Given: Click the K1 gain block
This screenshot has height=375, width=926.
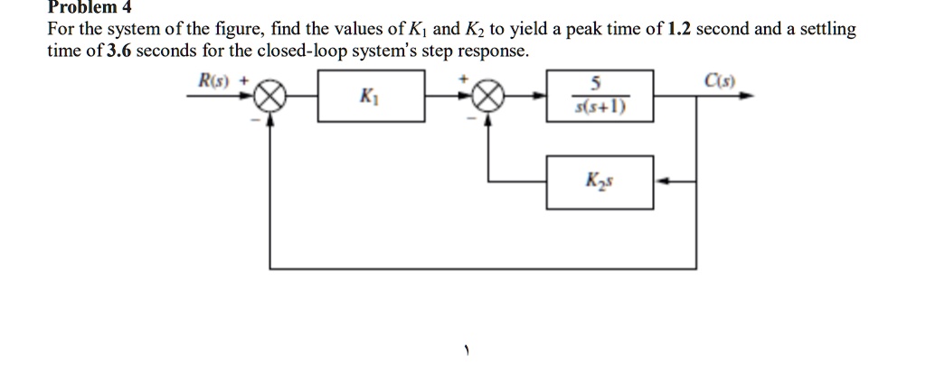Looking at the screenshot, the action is tap(371, 96).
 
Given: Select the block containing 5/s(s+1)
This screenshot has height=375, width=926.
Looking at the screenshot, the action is tap(600, 96).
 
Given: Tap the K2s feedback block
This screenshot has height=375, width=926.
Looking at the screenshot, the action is tap(600, 182).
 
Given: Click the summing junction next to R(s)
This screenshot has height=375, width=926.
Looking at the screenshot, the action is tap(269, 97).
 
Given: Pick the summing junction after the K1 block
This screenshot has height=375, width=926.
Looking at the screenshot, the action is tap(487, 97).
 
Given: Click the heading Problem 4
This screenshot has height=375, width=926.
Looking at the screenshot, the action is tap(90, 7).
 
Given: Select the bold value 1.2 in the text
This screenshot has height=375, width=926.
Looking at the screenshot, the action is tap(679, 30).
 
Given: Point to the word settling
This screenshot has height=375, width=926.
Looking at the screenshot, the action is tap(827, 31).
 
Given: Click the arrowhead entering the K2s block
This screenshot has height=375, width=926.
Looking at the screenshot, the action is tap(663, 182).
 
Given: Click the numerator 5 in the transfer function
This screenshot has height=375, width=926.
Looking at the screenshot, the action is tap(597, 85).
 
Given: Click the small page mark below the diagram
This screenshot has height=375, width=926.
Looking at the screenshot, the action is tap(466, 352).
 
